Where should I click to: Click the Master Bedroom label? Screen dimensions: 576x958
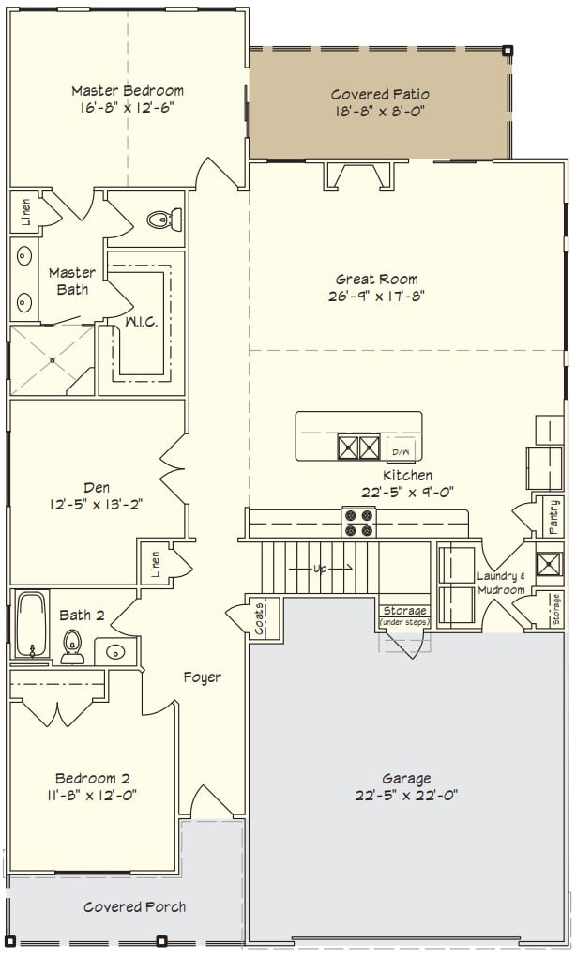[x=128, y=91]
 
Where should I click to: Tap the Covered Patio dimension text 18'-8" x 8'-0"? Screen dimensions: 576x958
[x=380, y=112]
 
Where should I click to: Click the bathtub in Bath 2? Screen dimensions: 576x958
[x=31, y=624]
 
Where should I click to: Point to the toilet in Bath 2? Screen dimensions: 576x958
[x=72, y=647]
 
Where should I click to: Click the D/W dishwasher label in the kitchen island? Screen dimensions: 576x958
[x=400, y=452]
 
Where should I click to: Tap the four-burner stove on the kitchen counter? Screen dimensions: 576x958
[x=359, y=523]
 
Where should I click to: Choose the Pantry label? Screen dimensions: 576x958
[x=554, y=518]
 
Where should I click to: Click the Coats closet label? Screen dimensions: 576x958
[x=259, y=618]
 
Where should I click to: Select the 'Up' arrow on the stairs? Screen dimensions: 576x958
[x=321, y=569]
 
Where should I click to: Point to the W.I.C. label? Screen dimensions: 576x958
[x=141, y=322]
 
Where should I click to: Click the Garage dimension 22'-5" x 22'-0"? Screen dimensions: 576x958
[x=406, y=796]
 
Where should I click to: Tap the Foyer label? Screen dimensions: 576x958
[x=203, y=677]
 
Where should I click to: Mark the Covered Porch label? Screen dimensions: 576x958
[x=134, y=906]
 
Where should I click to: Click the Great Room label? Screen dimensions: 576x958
[x=377, y=280]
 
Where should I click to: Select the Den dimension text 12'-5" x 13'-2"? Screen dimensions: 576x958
[x=97, y=505]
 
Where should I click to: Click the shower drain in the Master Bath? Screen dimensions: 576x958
[x=53, y=360]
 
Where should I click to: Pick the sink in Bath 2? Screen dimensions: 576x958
[x=115, y=652]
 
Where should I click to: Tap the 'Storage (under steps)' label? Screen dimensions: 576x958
[x=405, y=616]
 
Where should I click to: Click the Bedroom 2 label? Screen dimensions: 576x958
[x=92, y=779]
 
